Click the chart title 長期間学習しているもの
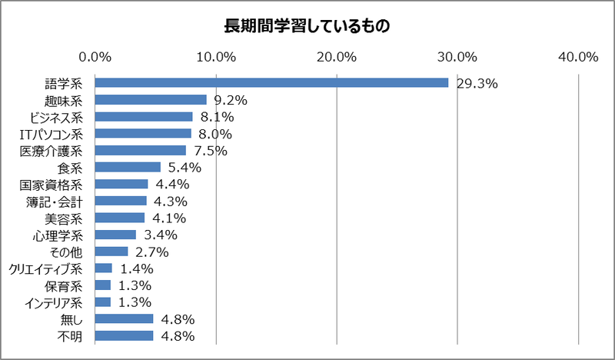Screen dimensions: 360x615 point(307,25)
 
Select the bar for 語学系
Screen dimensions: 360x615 point(271,82)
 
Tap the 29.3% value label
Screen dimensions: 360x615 point(477,83)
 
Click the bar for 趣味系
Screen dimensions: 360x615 point(151,99)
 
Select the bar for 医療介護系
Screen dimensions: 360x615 point(141,150)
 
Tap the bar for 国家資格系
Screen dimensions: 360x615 point(121,184)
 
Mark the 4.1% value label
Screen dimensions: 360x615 point(171,218)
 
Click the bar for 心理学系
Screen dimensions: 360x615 point(115,235)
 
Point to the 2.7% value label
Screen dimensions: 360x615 point(151,252)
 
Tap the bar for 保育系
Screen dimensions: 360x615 point(103,285)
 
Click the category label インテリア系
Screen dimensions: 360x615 point(55,302)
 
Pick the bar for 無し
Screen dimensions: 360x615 point(124,318)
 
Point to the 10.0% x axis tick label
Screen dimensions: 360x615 point(216,56)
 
